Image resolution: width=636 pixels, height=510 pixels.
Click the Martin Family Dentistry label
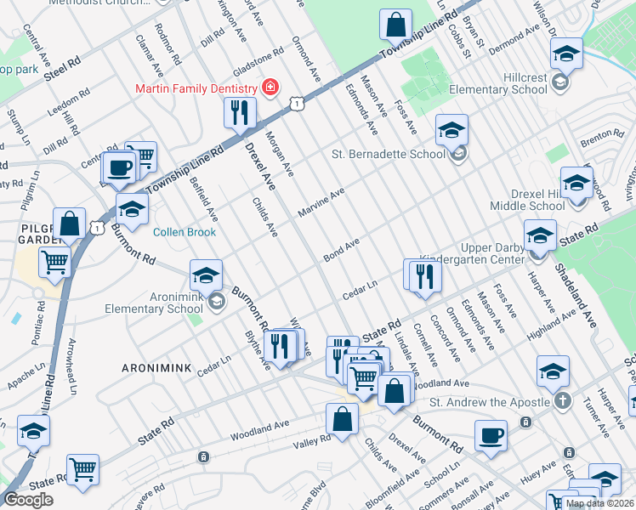(195, 89)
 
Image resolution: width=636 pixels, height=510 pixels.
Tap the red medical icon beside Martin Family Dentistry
(270, 88)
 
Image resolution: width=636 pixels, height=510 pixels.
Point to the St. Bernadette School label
(388, 154)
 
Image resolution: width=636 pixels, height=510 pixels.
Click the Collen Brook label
(185, 232)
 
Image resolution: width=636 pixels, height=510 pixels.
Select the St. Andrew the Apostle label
(488, 401)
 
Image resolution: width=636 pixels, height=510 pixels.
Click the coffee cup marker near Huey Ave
(491, 435)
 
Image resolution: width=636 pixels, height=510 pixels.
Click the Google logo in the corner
(28, 500)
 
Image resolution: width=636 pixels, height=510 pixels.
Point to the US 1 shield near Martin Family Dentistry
(295, 103)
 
